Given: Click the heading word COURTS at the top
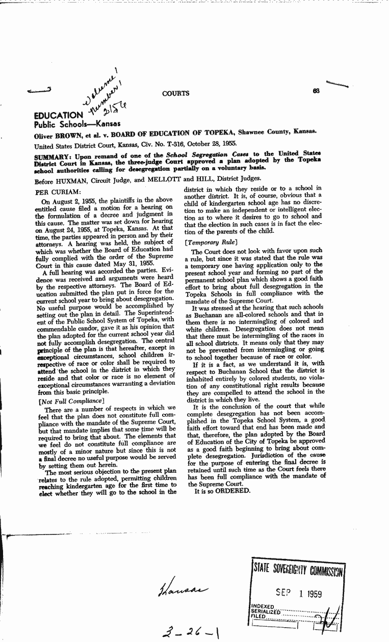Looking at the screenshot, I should (x=176, y=93).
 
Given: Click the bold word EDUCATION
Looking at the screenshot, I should (x=58, y=116).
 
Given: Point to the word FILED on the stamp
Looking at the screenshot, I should (x=258, y=617).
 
